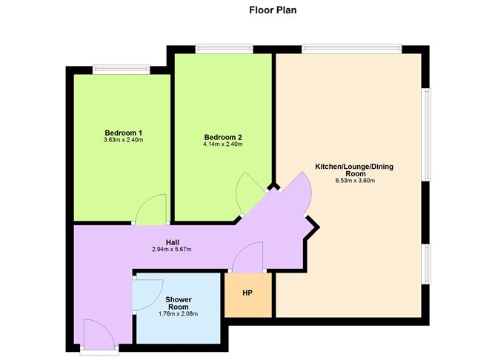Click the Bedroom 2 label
click(223, 137)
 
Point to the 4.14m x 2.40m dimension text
click(223, 144)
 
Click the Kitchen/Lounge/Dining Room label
click(354, 170)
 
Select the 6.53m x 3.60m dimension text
click(354, 180)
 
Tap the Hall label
click(171, 242)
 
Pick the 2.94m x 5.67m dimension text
click(171, 249)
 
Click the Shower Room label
click(178, 303)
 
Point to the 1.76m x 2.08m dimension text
click(178, 313)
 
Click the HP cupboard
click(247, 293)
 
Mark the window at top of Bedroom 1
click(122, 70)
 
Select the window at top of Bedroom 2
click(224, 50)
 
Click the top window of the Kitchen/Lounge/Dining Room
click(351, 50)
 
